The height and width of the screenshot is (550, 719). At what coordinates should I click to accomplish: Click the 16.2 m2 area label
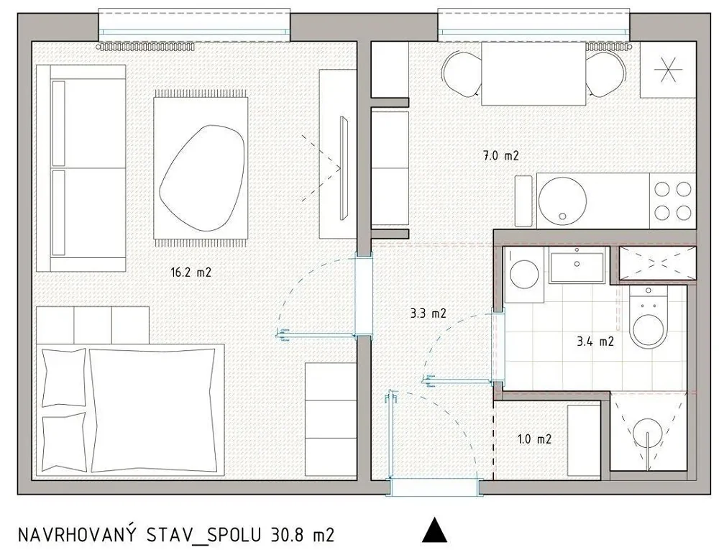pyautogui.click(x=191, y=272)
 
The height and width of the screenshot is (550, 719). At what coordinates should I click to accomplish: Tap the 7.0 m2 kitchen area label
pyautogui.click(x=500, y=155)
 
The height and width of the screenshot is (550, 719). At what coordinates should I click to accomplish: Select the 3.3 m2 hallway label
pyautogui.click(x=427, y=313)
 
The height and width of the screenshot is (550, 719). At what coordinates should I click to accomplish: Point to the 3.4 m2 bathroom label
pyautogui.click(x=595, y=341)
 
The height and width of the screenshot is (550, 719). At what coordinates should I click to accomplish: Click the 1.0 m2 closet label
pyautogui.click(x=534, y=439)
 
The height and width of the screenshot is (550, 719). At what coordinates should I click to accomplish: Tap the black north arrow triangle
pyautogui.click(x=434, y=531)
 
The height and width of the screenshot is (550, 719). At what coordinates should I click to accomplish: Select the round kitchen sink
pyautogui.click(x=563, y=201)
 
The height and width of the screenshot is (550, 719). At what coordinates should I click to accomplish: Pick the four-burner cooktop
pyautogui.click(x=673, y=201)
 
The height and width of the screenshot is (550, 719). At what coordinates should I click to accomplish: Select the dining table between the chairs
pyautogui.click(x=534, y=73)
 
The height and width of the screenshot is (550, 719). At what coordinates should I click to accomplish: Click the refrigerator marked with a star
pyautogui.click(x=668, y=70)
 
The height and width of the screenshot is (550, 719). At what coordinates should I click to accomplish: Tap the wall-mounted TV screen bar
pyautogui.click(x=343, y=168)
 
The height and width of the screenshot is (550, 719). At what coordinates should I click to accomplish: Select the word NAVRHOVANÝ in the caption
pyautogui.click(x=82, y=534)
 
